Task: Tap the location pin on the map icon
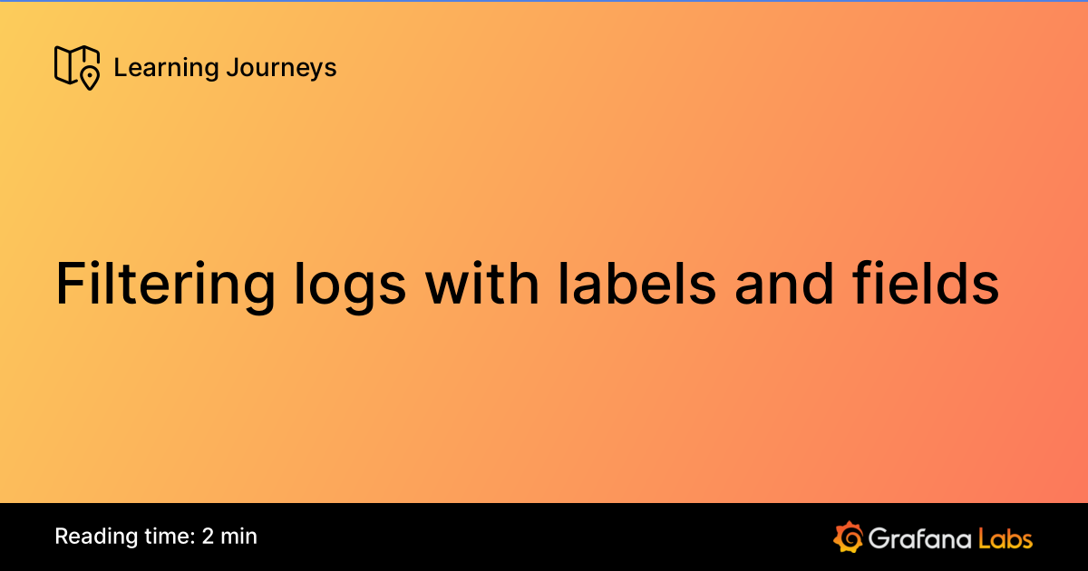coord(89,78)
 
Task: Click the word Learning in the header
coord(153,68)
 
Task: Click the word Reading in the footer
coord(91,537)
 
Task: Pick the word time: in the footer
coord(164,537)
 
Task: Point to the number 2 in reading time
coord(208,537)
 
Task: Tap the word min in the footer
coord(239,537)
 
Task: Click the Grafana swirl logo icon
coord(847,537)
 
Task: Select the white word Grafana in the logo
coord(918,537)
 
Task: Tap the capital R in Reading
coord(61,537)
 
